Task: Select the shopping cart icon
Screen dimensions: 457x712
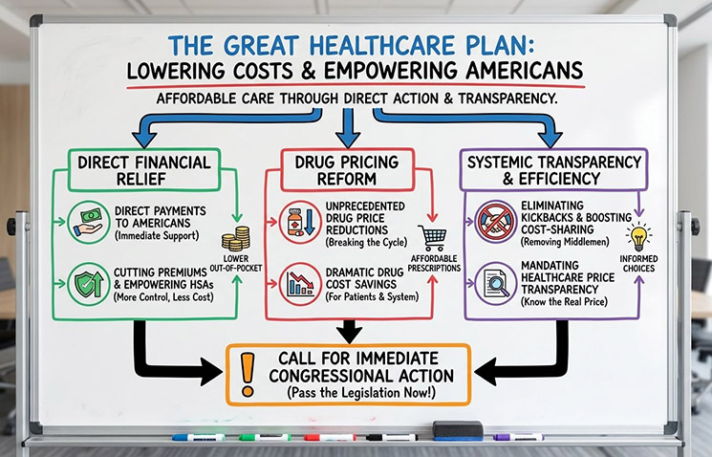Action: coord(432,238)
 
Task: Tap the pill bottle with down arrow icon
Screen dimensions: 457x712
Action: coord(298,218)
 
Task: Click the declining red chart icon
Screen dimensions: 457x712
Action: coord(298,283)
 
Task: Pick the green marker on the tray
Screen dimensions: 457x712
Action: coord(263,437)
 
